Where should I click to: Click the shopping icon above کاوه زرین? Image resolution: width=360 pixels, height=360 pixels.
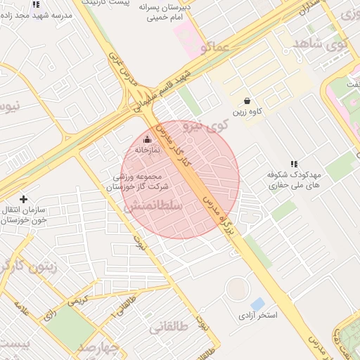pos(246,101)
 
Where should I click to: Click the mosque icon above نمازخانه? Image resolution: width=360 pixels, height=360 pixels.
pos(147,139)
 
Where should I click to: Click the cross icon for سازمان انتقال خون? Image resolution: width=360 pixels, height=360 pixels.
pos(24,199)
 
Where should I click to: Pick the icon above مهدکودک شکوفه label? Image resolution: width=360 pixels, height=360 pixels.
pos(294,163)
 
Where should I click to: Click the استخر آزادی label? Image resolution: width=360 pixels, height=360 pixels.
pos(257,315)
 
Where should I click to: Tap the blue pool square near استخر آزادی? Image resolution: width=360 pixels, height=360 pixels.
pos(258,304)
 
